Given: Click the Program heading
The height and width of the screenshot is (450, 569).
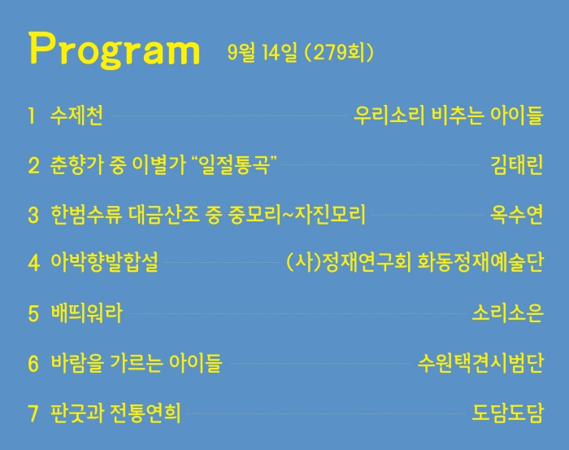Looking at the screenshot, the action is [115, 50].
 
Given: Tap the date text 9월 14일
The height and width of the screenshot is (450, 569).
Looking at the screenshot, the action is [262, 52].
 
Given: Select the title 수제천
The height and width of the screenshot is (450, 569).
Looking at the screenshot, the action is [76, 116].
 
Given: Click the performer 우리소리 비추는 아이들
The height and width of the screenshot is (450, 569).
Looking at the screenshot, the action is [449, 116].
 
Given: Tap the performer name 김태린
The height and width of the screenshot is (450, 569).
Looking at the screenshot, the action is [517, 164].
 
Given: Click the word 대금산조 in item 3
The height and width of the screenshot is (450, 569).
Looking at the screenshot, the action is [164, 214].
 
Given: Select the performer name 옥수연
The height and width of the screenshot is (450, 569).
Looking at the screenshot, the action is [517, 214].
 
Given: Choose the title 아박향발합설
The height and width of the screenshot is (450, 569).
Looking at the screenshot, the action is [105, 262].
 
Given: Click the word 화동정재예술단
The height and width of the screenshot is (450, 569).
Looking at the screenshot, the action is [481, 262].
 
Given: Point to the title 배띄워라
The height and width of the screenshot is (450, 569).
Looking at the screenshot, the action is [87, 313].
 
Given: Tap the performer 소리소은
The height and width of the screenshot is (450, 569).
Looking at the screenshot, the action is [508, 313].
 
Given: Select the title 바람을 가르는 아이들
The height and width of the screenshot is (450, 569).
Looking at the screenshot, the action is [136, 362].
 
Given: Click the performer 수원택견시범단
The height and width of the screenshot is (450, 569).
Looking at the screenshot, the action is [480, 362].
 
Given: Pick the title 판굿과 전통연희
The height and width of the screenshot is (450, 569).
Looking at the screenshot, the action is [115, 413].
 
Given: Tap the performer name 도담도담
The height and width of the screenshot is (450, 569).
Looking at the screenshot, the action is [508, 413].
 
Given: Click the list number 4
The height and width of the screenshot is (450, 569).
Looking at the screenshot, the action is [34, 263].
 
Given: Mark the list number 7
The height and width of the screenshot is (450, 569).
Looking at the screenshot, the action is [33, 413].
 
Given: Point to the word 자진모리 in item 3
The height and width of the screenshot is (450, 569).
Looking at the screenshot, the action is [330, 214].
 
